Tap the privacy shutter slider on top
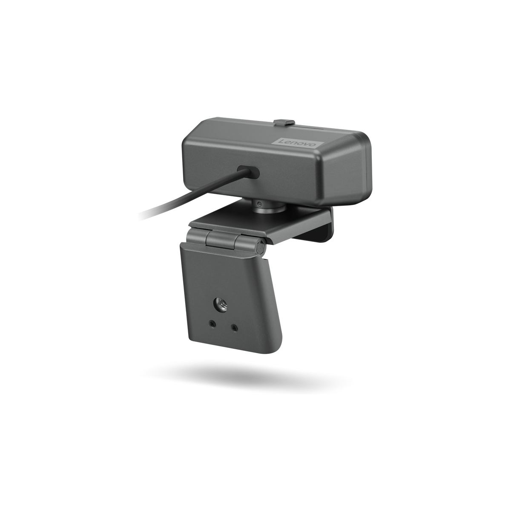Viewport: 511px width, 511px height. tap(284, 122)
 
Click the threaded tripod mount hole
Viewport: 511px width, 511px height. tap(221, 304)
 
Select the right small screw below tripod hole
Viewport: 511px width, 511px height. tap(234, 328)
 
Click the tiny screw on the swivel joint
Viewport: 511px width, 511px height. tap(259, 204)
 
